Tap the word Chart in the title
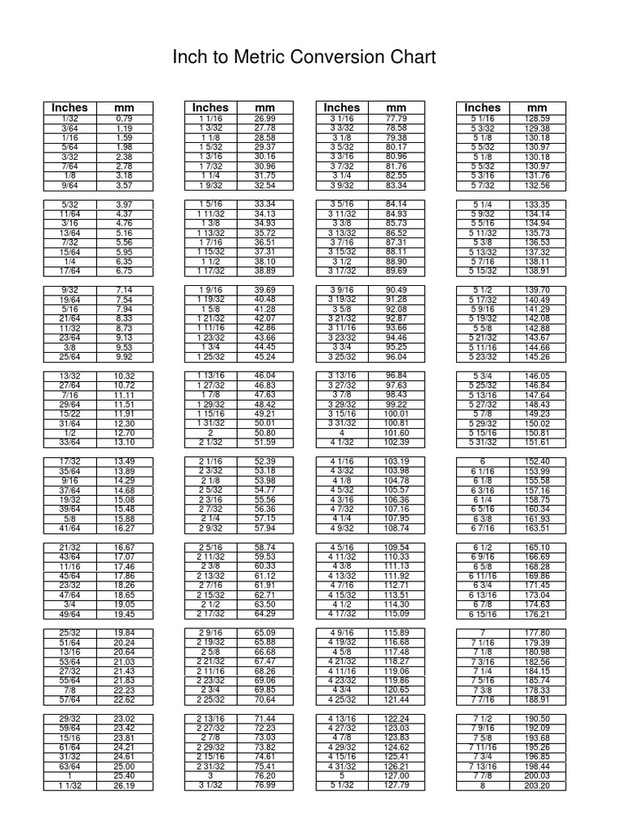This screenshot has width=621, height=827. [x=413, y=57]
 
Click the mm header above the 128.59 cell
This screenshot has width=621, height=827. [x=537, y=107]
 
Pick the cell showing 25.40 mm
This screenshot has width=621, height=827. [x=124, y=775]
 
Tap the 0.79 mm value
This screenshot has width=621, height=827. [x=124, y=119]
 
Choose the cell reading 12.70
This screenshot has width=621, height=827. [x=124, y=432]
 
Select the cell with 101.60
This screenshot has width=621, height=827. [x=396, y=432]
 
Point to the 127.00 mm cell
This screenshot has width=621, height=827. [x=396, y=775]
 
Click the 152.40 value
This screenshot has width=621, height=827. [x=537, y=461]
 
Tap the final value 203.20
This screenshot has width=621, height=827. [x=537, y=785]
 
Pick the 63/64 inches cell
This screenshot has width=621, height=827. [x=70, y=766]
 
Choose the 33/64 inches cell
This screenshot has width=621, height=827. [x=70, y=442]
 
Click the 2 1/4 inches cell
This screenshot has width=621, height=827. [x=210, y=518]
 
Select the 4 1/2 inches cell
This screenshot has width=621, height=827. [x=342, y=604]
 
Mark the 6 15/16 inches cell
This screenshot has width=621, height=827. [x=482, y=614]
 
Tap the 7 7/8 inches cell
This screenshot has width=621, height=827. [x=482, y=775]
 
